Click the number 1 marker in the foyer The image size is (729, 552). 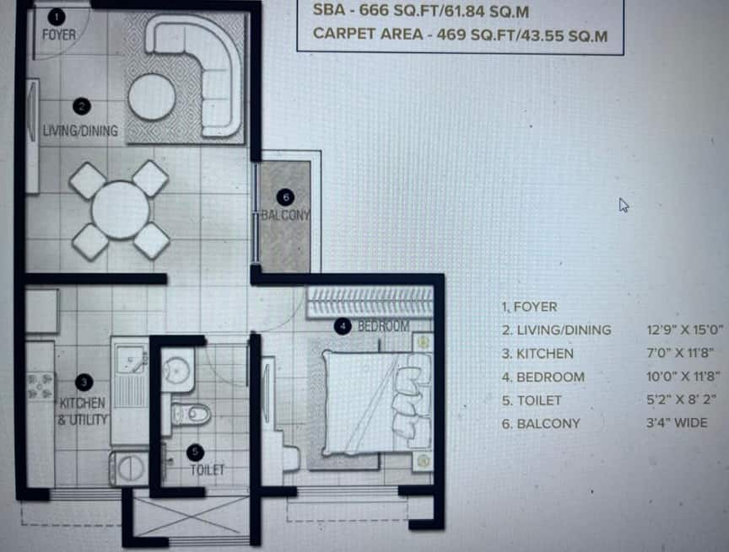tap(57, 17)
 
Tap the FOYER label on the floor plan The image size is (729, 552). tap(58, 35)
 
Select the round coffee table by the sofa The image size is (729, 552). tap(152, 97)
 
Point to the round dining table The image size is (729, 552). tap(121, 210)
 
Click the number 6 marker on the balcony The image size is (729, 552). tap(285, 197)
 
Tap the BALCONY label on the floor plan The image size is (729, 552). tap(285, 216)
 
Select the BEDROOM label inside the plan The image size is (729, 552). tap(384, 326)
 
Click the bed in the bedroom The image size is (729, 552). tap(376, 403)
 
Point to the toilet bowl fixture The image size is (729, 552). tap(192, 414)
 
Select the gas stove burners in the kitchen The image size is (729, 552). tap(40, 387)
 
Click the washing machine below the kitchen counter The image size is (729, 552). tap(129, 468)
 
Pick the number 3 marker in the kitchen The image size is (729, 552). tap(84, 383)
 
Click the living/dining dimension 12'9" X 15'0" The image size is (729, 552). tap(685, 330)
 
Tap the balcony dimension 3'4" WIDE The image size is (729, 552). tap(677, 423)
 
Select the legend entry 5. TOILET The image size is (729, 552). tap(532, 400)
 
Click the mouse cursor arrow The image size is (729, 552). tap(624, 205)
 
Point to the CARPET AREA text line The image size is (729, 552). tap(461, 35)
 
